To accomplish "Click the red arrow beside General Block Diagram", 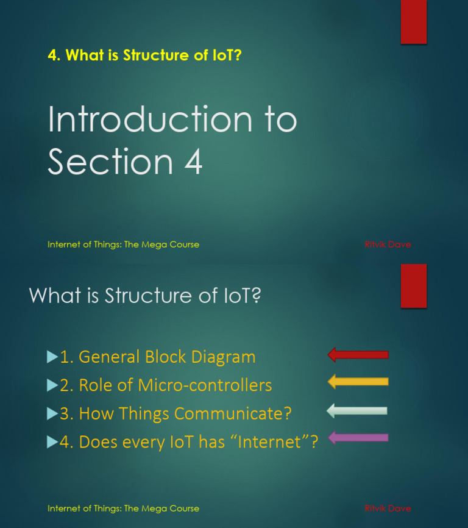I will (x=358, y=355).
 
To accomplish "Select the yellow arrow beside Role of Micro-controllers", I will (x=358, y=382).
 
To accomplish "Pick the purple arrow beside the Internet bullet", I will (x=358, y=437).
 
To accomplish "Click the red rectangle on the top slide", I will (x=413, y=22).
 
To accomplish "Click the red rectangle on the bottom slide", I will (x=413, y=286).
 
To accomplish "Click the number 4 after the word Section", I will (x=193, y=162).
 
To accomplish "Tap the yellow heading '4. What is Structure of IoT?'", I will (x=145, y=55).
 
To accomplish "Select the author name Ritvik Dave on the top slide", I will (x=388, y=244).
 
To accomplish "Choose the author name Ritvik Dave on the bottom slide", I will (x=388, y=508).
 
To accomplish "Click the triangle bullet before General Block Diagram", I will (x=52, y=356).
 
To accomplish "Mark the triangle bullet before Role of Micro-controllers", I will (x=52, y=385).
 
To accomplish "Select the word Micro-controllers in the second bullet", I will (x=205, y=385).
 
